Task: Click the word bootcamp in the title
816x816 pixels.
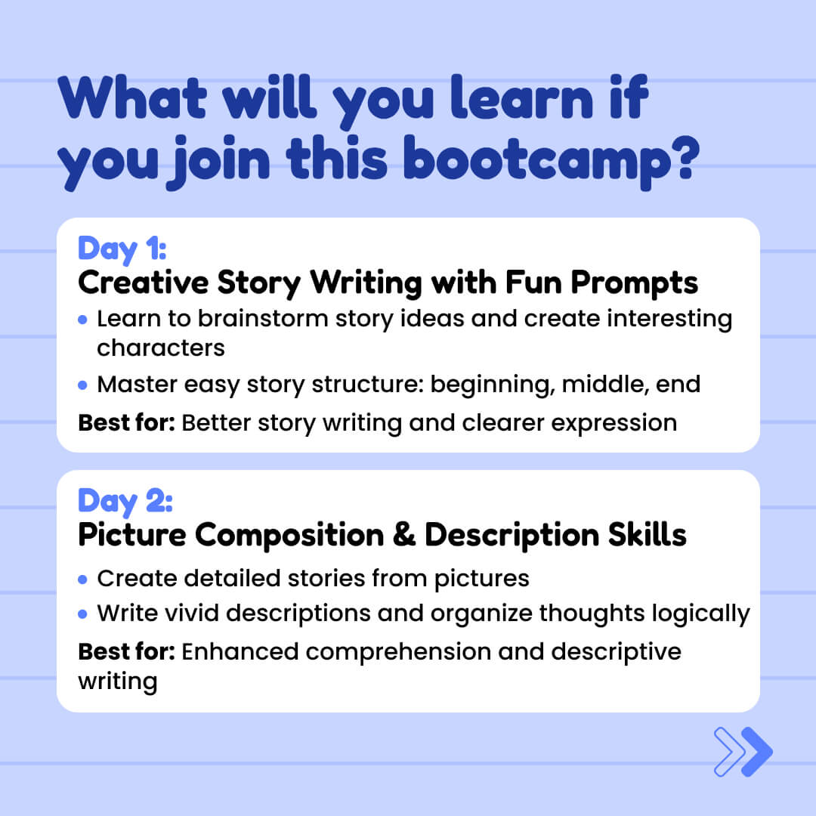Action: pyautogui.click(x=538, y=162)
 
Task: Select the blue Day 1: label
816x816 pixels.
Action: pyautogui.click(x=122, y=249)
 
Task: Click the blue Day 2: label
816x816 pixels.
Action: pyautogui.click(x=125, y=502)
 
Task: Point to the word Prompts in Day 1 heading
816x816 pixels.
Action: pyautogui.click(x=634, y=284)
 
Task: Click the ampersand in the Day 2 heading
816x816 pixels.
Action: pyautogui.click(x=404, y=534)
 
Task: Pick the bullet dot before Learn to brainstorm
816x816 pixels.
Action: pyautogui.click(x=82, y=320)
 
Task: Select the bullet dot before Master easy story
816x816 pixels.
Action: pyautogui.click(x=82, y=385)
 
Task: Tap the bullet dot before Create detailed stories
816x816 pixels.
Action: pyautogui.click(x=82, y=580)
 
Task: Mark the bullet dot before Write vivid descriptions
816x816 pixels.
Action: pyautogui.click(x=82, y=614)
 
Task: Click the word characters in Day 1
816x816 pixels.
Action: pyautogui.click(x=161, y=348)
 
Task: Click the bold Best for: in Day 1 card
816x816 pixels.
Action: pyautogui.click(x=126, y=422)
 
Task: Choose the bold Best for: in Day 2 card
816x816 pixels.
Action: pyautogui.click(x=126, y=651)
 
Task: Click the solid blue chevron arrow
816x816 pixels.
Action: pyautogui.click(x=756, y=752)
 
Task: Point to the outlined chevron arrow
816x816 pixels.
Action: pyautogui.click(x=729, y=752)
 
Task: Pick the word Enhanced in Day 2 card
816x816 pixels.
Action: pyautogui.click(x=240, y=651)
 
